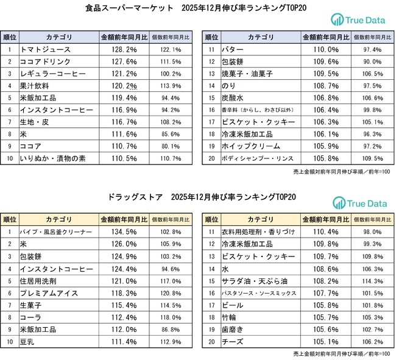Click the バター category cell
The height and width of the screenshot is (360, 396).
pos(256,49)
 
